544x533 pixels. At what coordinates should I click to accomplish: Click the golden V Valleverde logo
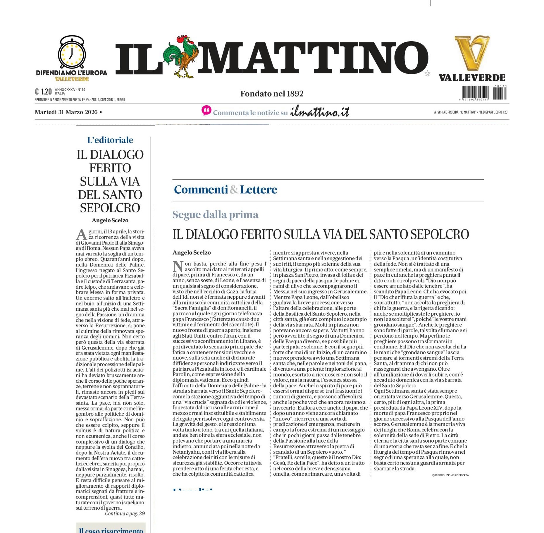click(472, 53)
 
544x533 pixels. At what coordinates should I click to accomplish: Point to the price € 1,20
click(43, 92)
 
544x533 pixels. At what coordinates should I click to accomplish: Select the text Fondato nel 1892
click(272, 94)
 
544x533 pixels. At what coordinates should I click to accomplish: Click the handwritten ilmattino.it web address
click(320, 111)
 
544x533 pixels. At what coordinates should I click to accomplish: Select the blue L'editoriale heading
click(110, 140)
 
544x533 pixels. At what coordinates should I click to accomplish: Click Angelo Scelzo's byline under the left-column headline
click(110, 220)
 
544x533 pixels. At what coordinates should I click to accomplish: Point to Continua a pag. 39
click(125, 513)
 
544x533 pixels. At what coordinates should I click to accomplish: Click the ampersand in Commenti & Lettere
click(234, 190)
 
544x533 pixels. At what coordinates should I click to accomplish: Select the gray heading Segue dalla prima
click(215, 215)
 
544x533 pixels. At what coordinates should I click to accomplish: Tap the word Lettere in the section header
click(259, 190)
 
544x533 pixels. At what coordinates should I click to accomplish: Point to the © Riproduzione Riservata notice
click(450, 475)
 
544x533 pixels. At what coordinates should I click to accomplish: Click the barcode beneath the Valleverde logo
click(484, 93)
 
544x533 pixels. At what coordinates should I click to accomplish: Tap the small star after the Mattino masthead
click(427, 73)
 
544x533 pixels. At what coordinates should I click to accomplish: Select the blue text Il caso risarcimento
click(111, 530)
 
